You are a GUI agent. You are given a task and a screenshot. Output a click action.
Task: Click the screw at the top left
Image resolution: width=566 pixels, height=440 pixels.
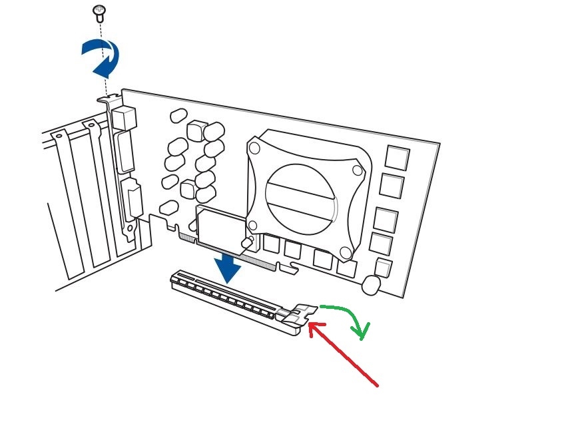(x=100, y=10)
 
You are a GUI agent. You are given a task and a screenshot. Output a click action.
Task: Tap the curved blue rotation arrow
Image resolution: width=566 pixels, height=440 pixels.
(x=102, y=57)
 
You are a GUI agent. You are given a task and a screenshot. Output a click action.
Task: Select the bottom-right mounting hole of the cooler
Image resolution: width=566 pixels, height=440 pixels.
(x=345, y=252)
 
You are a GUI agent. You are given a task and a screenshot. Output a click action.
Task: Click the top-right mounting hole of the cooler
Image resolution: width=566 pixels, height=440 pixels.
(x=358, y=170)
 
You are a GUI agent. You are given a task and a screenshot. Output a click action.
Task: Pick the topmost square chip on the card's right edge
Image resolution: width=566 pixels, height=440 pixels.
(x=397, y=158)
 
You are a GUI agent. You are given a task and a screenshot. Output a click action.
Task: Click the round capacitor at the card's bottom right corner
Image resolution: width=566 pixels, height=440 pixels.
(x=372, y=285)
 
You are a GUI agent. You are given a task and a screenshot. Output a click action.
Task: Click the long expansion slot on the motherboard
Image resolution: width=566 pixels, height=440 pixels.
(x=226, y=299)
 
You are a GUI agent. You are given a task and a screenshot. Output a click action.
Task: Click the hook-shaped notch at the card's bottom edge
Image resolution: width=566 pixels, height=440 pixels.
(x=287, y=269)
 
